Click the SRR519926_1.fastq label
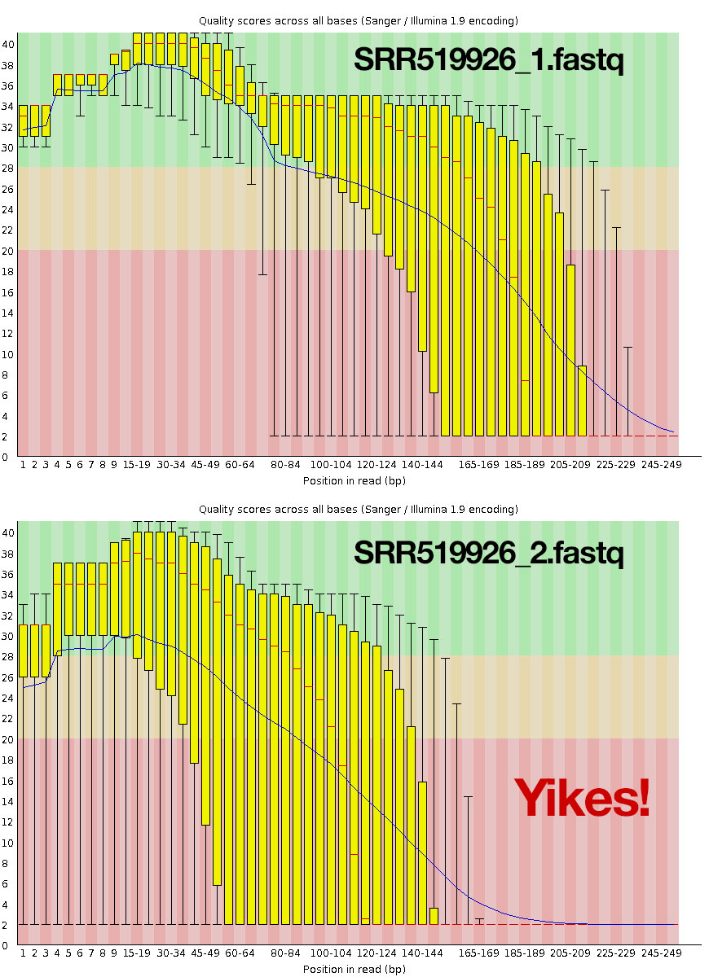tap(488, 59)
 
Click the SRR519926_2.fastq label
tap(488, 553)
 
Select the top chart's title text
tap(359, 20)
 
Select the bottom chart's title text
tap(359, 510)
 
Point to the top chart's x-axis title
tap(354, 480)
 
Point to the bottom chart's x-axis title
tap(354, 969)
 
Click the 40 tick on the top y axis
tap(8, 44)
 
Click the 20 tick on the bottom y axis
tap(8, 739)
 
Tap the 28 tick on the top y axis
tap(8, 169)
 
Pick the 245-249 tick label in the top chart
tap(662, 465)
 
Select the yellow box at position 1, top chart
tap(24, 120)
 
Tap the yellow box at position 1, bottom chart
tap(24, 651)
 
